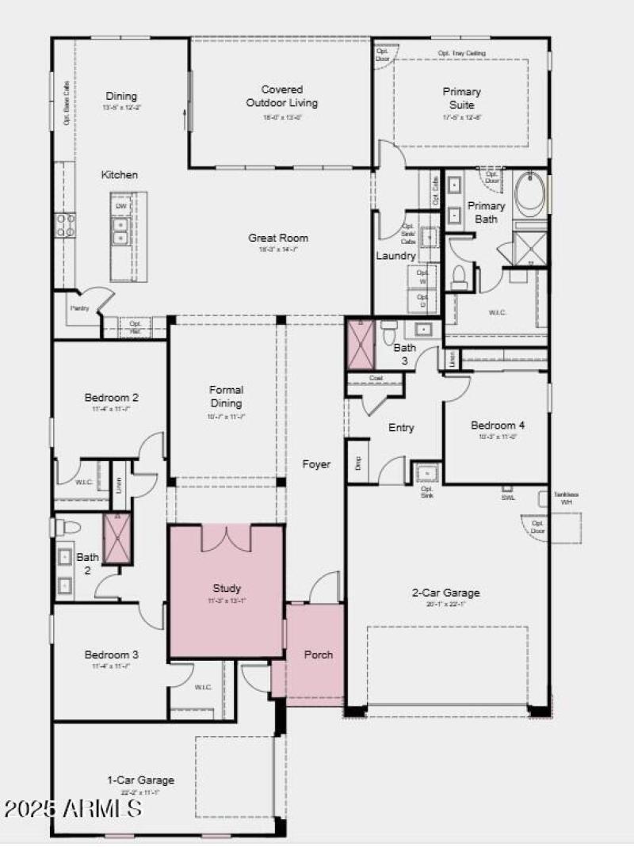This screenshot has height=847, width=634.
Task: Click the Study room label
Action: pyautogui.click(x=226, y=588)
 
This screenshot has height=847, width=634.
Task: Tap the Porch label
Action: pyautogui.click(x=319, y=654)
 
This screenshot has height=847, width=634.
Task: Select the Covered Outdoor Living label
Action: pyautogui.click(x=281, y=96)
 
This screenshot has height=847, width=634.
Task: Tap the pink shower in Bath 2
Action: pyautogui.click(x=116, y=538)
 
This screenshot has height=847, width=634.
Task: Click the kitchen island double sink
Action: pyautogui.click(x=120, y=232)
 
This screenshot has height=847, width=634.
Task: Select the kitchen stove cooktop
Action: pyautogui.click(x=64, y=225)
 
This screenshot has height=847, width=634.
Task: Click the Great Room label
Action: pyautogui.click(x=278, y=238)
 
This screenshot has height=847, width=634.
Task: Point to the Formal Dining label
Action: pyautogui.click(x=226, y=396)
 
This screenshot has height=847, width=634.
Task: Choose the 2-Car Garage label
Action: pyautogui.click(x=447, y=592)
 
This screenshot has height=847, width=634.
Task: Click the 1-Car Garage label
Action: pyautogui.click(x=140, y=780)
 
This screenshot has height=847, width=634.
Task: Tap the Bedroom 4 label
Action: pyautogui.click(x=497, y=425)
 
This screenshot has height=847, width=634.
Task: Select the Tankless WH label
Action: pyautogui.click(x=566, y=498)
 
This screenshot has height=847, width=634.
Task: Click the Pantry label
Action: pyautogui.click(x=79, y=308)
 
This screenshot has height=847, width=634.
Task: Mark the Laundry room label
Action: pyautogui.click(x=395, y=256)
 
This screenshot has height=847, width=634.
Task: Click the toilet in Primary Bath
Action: pyautogui.click(x=459, y=277)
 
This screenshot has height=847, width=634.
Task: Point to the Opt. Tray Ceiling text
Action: pyautogui.click(x=461, y=53)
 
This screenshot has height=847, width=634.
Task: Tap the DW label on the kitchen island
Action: pyautogui.click(x=121, y=206)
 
